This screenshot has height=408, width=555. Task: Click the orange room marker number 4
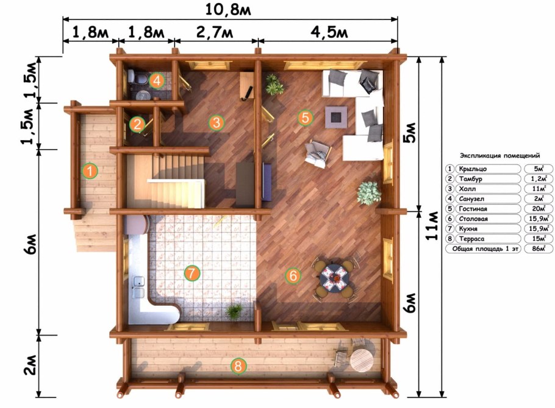pyautogui.click(x=157, y=80)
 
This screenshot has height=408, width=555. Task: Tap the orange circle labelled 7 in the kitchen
pyautogui.click(x=192, y=273)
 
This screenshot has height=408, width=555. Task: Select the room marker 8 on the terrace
pyautogui.click(x=238, y=366)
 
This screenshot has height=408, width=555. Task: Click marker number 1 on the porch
pyautogui.click(x=90, y=171)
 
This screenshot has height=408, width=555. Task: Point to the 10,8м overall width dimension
pyautogui.click(x=228, y=10)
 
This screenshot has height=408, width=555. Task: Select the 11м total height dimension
pyautogui.click(x=432, y=225)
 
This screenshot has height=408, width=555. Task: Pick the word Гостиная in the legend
pyautogui.click(x=473, y=209)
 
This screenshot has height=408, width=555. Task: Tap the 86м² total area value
pyautogui.click(x=538, y=248)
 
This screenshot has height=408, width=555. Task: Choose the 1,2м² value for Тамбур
pyautogui.click(x=539, y=179)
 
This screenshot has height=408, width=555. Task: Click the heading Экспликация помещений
pyautogui.click(x=500, y=155)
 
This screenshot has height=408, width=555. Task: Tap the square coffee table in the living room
pyautogui.click(x=336, y=117)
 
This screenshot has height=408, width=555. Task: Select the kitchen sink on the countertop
pyautogui.click(x=138, y=287)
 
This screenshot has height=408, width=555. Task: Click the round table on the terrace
pyautogui.click(x=362, y=361)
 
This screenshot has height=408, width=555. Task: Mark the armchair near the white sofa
pyautogui.click(x=318, y=153)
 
